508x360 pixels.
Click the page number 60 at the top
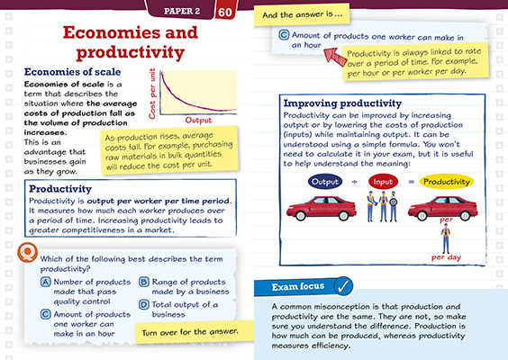[250, 11]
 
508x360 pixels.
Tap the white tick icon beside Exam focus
[342, 287]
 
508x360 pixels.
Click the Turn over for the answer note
[185, 331]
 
